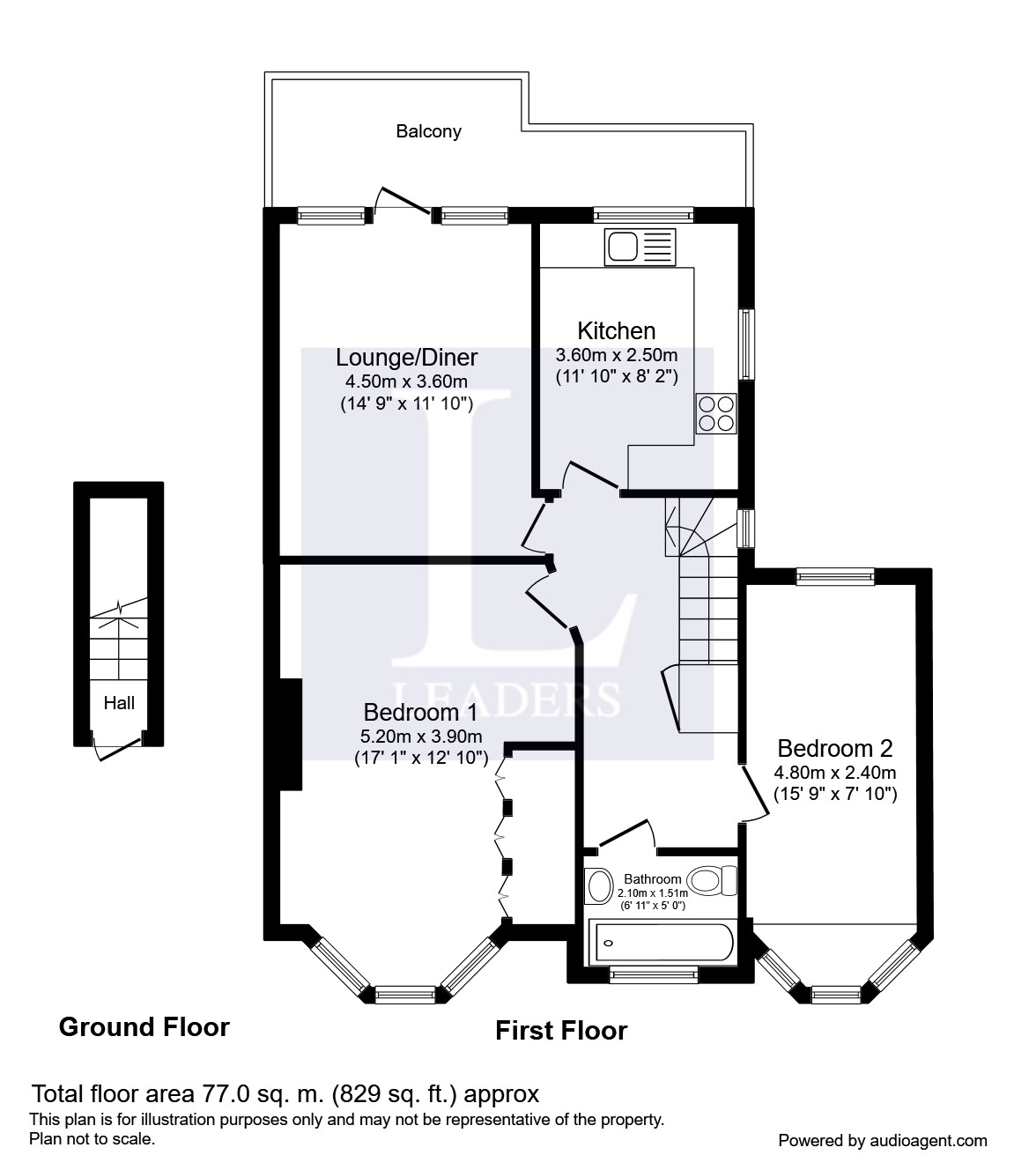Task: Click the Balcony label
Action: (428, 131)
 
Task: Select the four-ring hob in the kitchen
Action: (715, 413)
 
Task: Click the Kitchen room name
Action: (616, 331)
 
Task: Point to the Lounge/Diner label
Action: (406, 357)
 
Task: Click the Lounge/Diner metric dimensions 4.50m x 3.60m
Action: (406, 381)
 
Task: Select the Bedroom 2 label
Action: (834, 748)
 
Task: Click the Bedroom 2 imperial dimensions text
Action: (834, 794)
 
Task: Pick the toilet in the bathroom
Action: (712, 879)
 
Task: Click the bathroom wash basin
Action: (600, 885)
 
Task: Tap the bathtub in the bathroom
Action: (660, 943)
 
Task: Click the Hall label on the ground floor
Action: (119, 702)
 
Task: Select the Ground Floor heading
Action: (144, 1026)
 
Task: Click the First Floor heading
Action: (561, 1030)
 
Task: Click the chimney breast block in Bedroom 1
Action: (290, 734)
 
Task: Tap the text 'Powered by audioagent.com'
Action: (883, 1140)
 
